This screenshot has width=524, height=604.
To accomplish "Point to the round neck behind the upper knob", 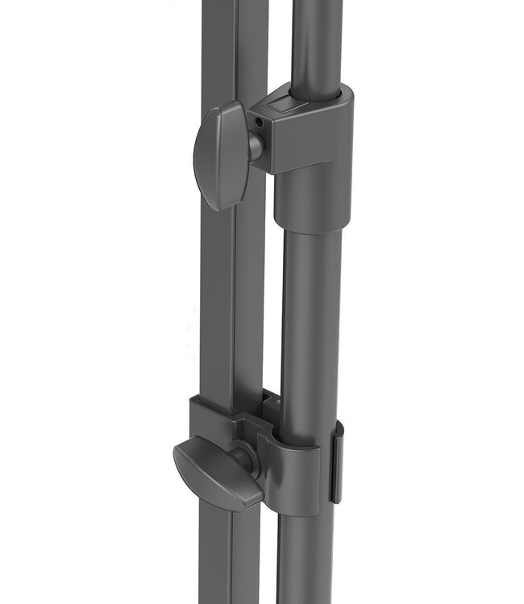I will pos(255,147).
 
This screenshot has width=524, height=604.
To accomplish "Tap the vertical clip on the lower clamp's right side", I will pos(337,467).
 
